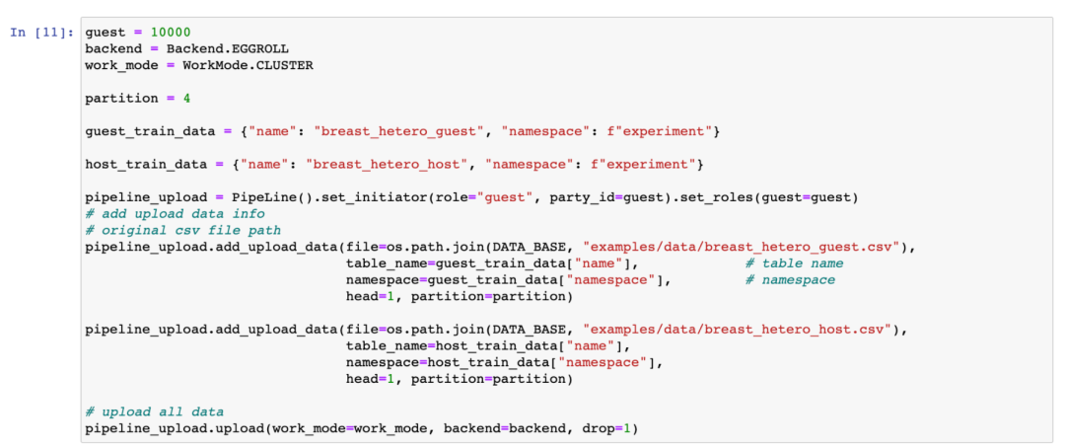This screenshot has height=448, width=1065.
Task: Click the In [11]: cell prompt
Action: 40,33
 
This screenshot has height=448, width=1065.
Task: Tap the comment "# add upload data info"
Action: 175,213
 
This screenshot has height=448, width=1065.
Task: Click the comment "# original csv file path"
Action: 182,230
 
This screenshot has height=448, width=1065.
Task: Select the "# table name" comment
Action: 794,263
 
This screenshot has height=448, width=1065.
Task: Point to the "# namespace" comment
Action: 790,279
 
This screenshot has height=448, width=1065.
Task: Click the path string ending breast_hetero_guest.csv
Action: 745,247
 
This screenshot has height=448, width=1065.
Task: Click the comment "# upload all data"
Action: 154,411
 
